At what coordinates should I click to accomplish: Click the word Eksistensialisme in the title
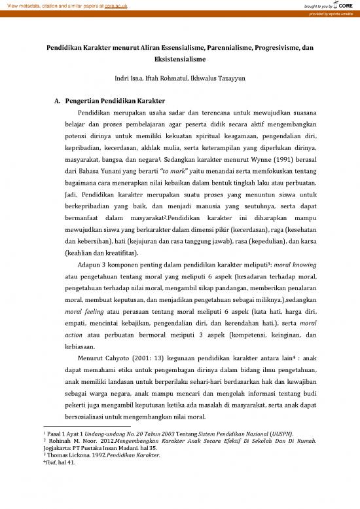[179, 58]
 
